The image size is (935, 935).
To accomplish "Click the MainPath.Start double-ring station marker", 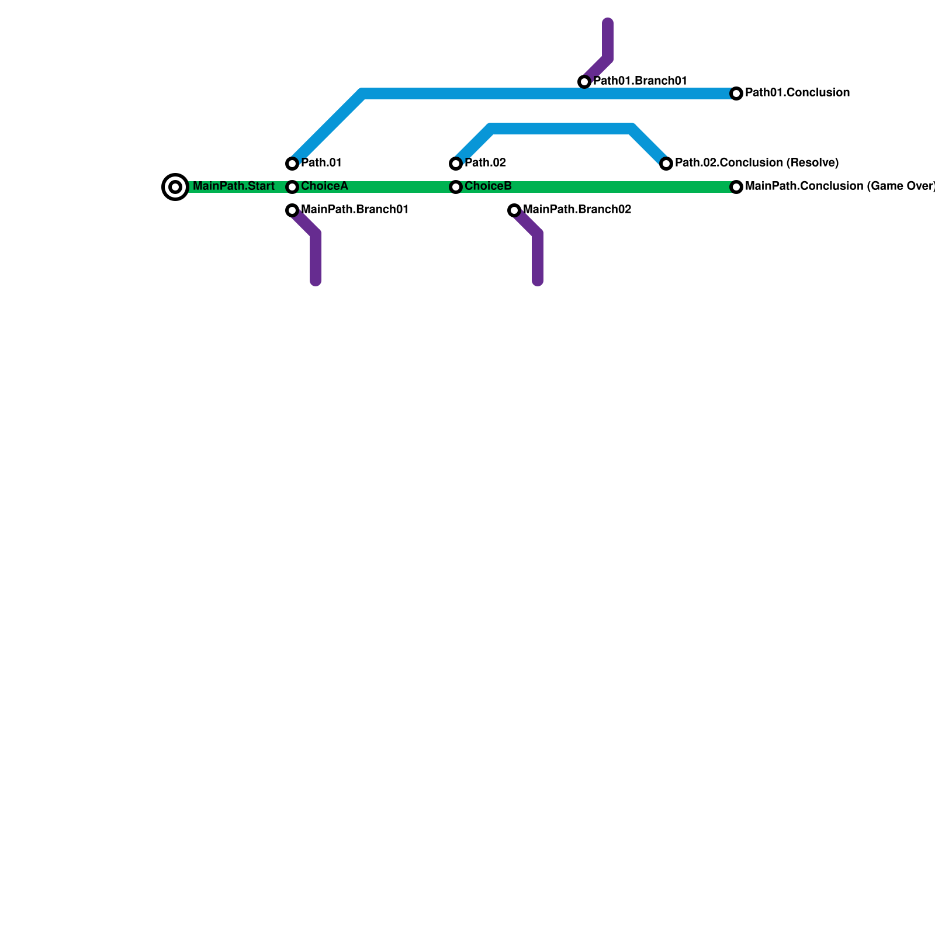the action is pyautogui.click(x=175, y=187).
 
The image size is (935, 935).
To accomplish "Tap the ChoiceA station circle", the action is pyautogui.click(x=292, y=187).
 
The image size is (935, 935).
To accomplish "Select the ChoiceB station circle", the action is pyautogui.click(x=456, y=187).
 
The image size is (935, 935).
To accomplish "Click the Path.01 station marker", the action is pyautogui.click(x=292, y=164).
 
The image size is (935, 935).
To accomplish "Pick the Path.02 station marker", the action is pyautogui.click(x=456, y=164).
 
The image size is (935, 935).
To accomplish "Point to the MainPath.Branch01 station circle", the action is pyautogui.click(x=292, y=210).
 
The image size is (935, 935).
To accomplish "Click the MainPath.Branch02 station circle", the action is pyautogui.click(x=514, y=210).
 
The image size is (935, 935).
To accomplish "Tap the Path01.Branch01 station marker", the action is pyautogui.click(x=584, y=82).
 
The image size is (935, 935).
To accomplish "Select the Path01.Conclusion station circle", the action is pyautogui.click(x=736, y=93).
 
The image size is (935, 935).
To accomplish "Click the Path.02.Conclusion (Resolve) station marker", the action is pyautogui.click(x=666, y=164).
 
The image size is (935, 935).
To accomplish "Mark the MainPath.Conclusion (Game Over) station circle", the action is pyautogui.click(x=736, y=187).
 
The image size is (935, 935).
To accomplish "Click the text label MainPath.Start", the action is pyautogui.click(x=233, y=186).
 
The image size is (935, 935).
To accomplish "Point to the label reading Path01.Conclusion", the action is pyautogui.click(x=797, y=93).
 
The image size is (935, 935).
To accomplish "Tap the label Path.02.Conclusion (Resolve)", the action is pyautogui.click(x=757, y=163).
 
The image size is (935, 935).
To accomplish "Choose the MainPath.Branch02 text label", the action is pyautogui.click(x=577, y=210).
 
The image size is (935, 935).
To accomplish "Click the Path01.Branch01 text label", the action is pyautogui.click(x=640, y=81).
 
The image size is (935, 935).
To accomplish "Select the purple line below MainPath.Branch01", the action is pyautogui.click(x=316, y=257).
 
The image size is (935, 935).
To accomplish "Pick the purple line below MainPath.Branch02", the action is pyautogui.click(x=538, y=257).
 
